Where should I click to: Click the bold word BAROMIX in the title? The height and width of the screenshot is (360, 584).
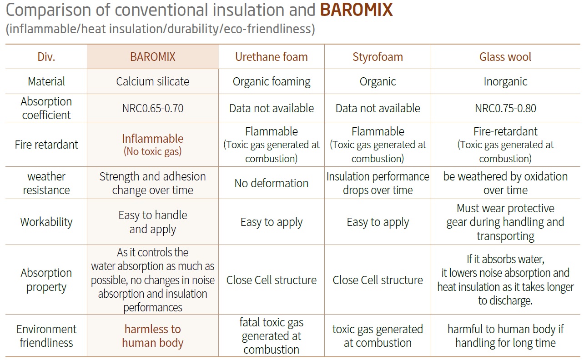(356, 10)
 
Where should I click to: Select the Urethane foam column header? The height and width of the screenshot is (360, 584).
(272, 57)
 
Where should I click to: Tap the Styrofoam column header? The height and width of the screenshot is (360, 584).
(378, 57)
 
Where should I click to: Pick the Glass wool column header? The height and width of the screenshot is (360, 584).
(505, 57)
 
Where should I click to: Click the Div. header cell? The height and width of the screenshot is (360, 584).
(46, 57)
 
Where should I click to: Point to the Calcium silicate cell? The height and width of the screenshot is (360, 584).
(152, 81)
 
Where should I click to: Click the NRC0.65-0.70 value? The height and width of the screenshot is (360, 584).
(152, 108)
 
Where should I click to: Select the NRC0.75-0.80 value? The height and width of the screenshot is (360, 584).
(505, 108)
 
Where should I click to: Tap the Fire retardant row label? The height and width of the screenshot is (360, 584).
(46, 145)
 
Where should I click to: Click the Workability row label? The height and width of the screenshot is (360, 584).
(46, 222)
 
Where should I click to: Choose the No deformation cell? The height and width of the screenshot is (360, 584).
(272, 183)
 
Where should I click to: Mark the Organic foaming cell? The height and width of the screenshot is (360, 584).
(272, 81)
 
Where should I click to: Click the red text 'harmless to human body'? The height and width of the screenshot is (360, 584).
(152, 336)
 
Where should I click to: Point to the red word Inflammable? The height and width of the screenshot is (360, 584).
(152, 139)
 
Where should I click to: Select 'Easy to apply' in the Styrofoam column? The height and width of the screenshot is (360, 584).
(378, 222)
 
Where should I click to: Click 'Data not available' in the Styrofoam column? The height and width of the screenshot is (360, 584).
(378, 108)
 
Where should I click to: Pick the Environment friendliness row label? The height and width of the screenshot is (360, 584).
(46, 336)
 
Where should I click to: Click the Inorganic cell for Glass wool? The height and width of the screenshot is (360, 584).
(505, 81)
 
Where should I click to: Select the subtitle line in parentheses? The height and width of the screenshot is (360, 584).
(160, 29)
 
